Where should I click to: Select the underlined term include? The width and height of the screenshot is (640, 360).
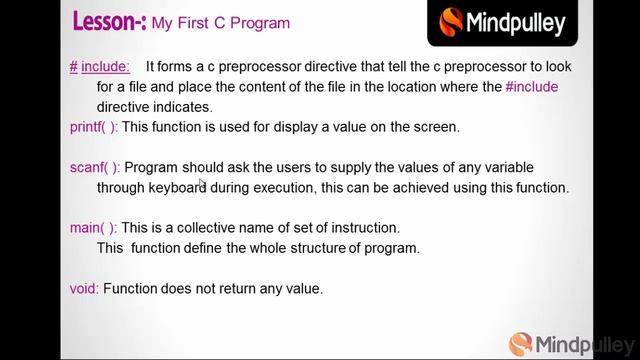tap(105, 67)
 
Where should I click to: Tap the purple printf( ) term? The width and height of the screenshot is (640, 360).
tap(93, 127)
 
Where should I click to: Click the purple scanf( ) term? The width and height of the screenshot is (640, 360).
tap(94, 167)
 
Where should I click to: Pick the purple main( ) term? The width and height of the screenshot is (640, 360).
tap(93, 228)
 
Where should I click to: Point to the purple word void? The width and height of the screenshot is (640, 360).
tap(84, 288)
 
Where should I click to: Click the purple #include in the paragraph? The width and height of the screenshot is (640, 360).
tap(532, 87)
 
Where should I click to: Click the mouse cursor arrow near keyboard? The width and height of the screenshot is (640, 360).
tap(202, 183)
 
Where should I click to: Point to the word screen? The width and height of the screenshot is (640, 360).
tap(433, 127)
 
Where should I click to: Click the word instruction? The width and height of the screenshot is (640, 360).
tap(364, 228)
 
